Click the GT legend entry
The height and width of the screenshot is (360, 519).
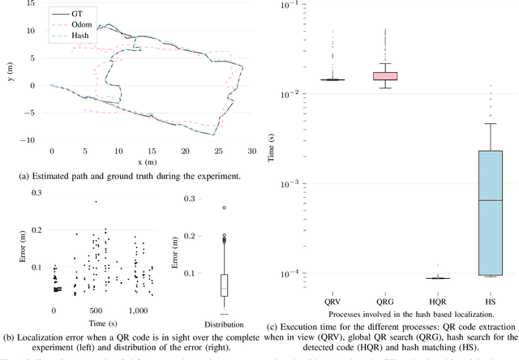click(x=64, y=14)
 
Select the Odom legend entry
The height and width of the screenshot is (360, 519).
click(x=68, y=25)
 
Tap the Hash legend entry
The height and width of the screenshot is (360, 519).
click(x=68, y=36)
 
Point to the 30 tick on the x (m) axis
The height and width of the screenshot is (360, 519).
click(x=251, y=151)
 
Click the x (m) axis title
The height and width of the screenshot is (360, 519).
click(x=151, y=161)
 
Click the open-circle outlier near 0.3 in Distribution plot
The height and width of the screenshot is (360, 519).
click(x=225, y=208)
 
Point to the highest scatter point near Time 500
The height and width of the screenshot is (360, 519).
click(x=96, y=202)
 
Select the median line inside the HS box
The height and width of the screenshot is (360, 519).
click(x=490, y=199)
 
